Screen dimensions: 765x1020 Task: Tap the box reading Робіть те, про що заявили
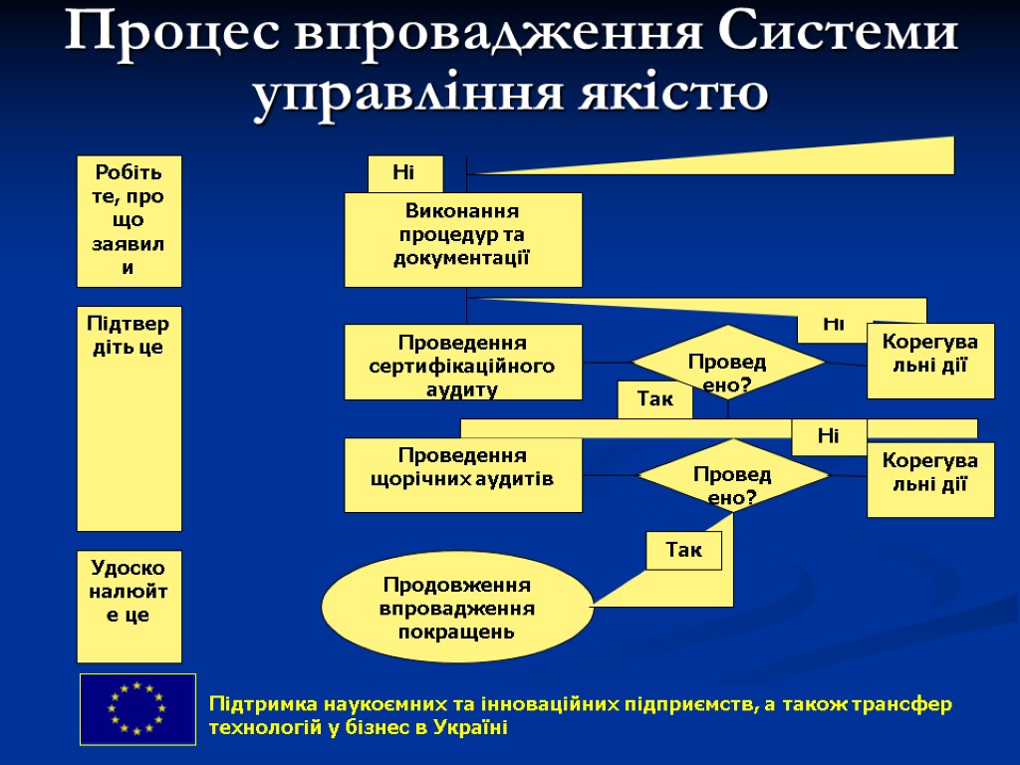point(129,221)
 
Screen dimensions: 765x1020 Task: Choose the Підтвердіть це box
point(129,418)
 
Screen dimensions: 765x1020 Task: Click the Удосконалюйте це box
point(129,606)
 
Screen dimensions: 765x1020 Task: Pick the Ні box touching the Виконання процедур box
point(404,173)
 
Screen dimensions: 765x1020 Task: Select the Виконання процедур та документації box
point(463,239)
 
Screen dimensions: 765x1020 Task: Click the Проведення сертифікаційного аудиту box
point(463,363)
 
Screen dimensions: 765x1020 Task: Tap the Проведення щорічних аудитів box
point(463,475)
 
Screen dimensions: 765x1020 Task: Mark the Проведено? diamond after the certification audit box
point(728,363)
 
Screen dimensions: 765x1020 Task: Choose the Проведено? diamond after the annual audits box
point(733,475)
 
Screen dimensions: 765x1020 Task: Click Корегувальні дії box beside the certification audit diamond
point(930,361)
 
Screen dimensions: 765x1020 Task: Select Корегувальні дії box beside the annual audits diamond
point(930,480)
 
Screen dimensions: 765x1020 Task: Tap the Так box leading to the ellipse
point(683,550)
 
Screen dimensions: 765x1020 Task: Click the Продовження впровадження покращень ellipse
point(457,607)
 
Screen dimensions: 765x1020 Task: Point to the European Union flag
point(137,708)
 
